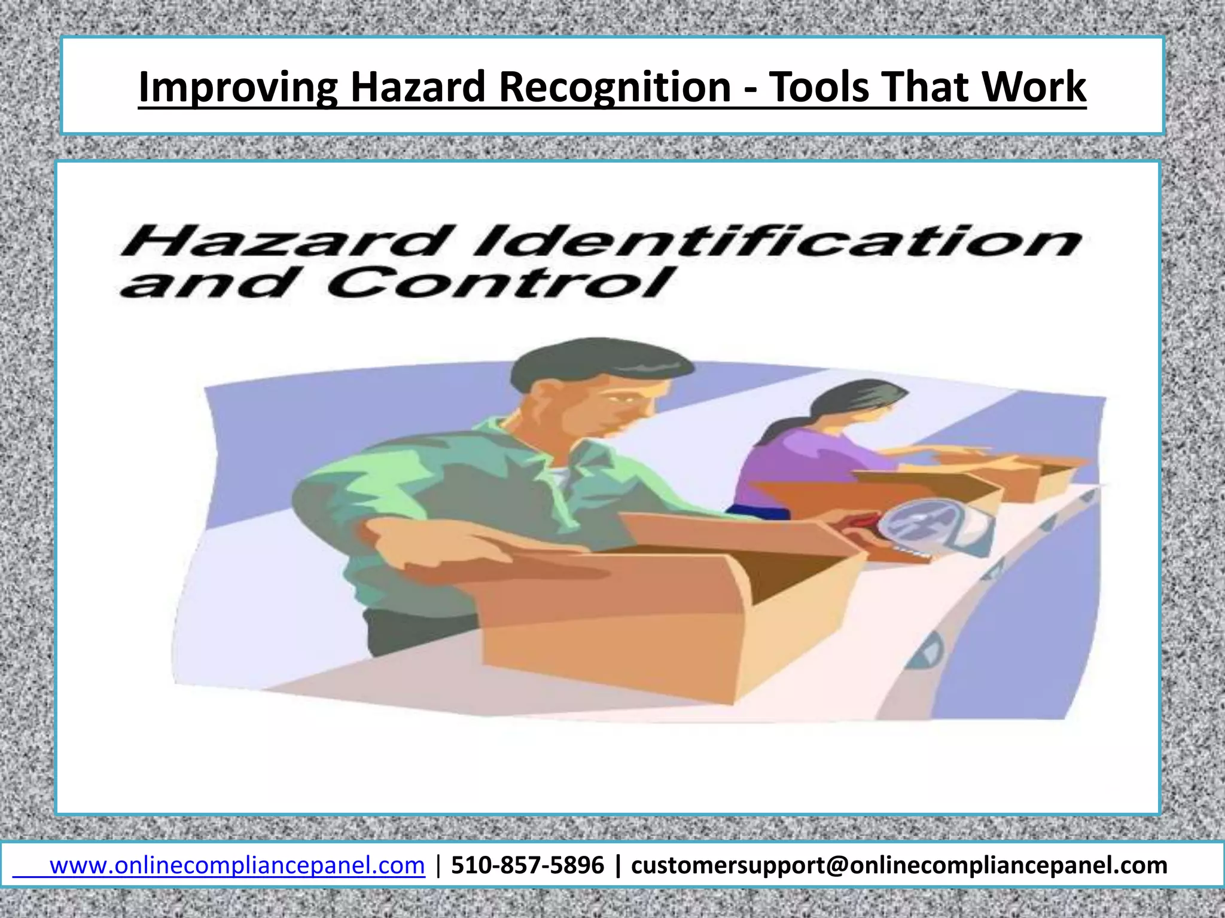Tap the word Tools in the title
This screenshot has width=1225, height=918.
818,87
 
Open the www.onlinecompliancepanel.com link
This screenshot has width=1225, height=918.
237,865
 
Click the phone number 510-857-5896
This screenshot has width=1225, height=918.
528,865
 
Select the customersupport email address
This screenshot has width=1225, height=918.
899,865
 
